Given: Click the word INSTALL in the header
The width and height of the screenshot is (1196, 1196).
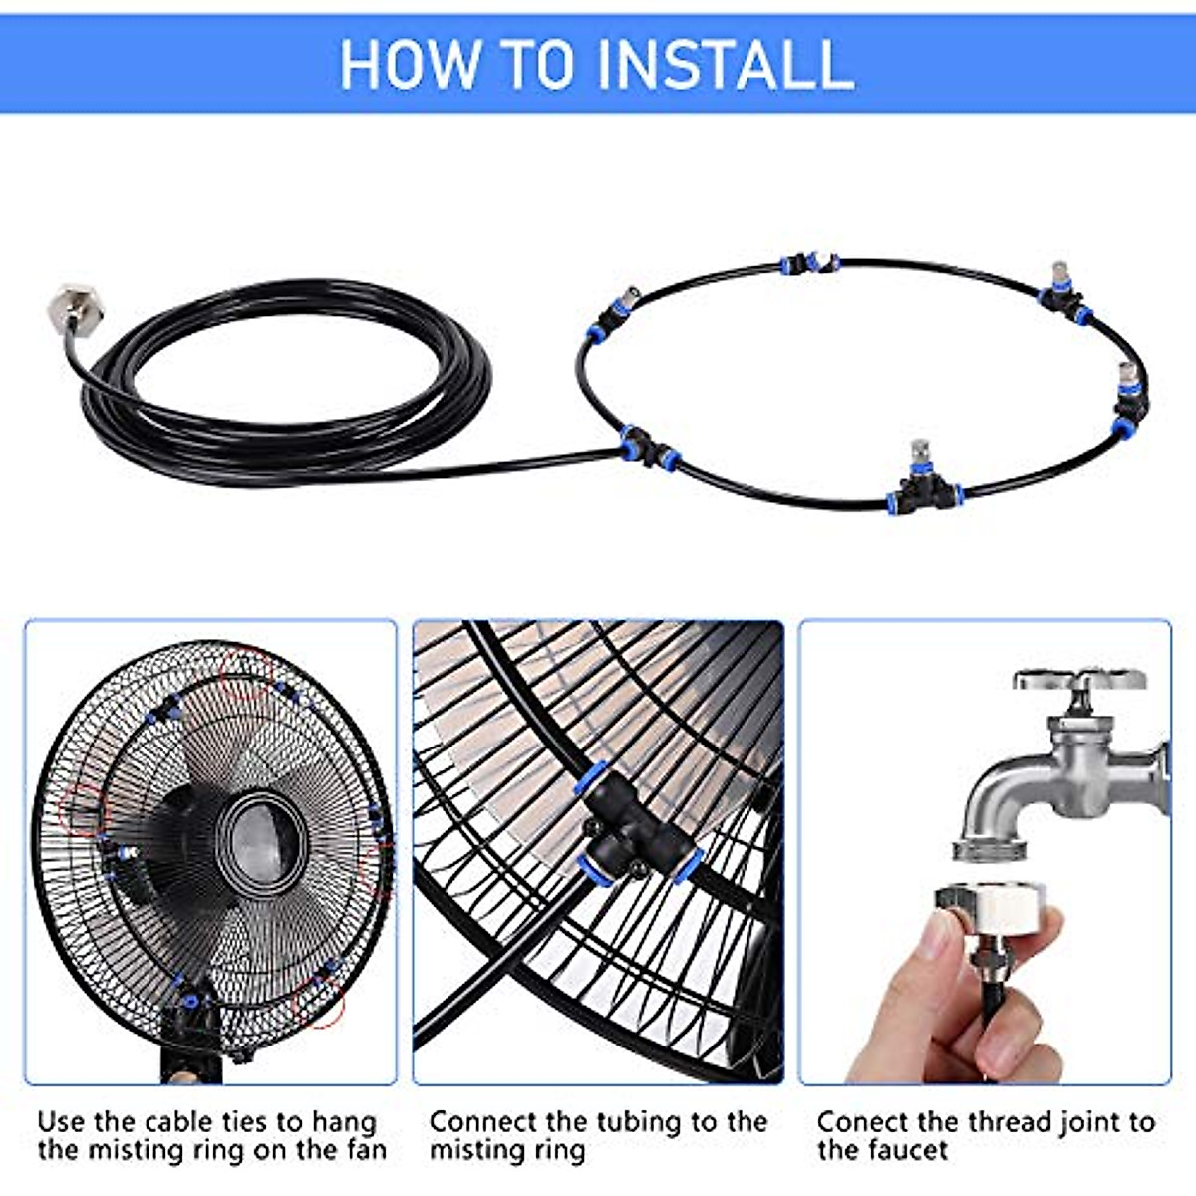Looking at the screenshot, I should pos(726,64).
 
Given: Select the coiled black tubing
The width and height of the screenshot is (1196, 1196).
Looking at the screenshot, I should pos(284,389).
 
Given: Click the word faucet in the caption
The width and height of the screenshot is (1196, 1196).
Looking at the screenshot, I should pos(899,1150).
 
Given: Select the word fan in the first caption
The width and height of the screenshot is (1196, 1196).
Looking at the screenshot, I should pos(366,1150).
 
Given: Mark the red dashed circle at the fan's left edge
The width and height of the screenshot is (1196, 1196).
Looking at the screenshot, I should pos(83,810).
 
